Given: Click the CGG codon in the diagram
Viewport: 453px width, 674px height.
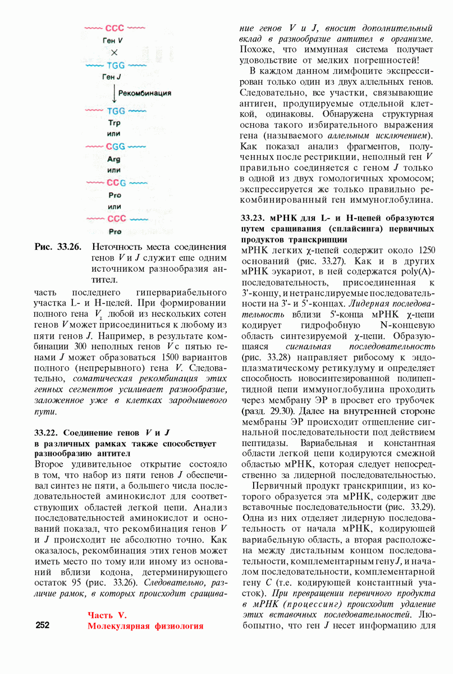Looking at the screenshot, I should point(115,147).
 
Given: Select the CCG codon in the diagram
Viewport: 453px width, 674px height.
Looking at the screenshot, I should point(115,183).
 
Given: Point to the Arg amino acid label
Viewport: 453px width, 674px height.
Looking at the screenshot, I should point(114,159).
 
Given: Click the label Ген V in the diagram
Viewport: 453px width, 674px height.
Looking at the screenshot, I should point(113,40).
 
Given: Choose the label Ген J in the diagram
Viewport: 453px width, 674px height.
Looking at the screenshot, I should point(113,76).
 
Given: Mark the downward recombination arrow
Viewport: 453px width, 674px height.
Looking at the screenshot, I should point(114,93).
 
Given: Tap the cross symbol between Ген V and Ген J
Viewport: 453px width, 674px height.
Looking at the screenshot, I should point(113,52).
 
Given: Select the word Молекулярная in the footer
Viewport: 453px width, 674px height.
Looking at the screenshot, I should point(120,626).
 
